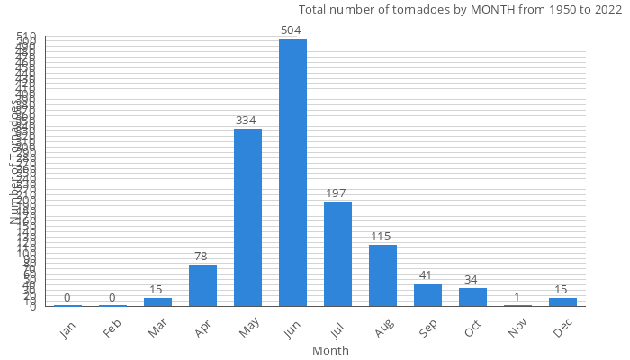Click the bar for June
[x=292, y=172]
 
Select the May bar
[x=247, y=217]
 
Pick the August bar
[x=382, y=275]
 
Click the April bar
[x=202, y=285]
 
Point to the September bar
[x=427, y=295]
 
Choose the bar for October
[x=472, y=297]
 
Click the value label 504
[x=292, y=31]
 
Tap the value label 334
[x=247, y=121]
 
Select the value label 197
[x=337, y=193]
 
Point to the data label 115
[x=382, y=237]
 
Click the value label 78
[x=202, y=256]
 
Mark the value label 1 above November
[x=517, y=297]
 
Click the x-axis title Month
[x=330, y=350]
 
